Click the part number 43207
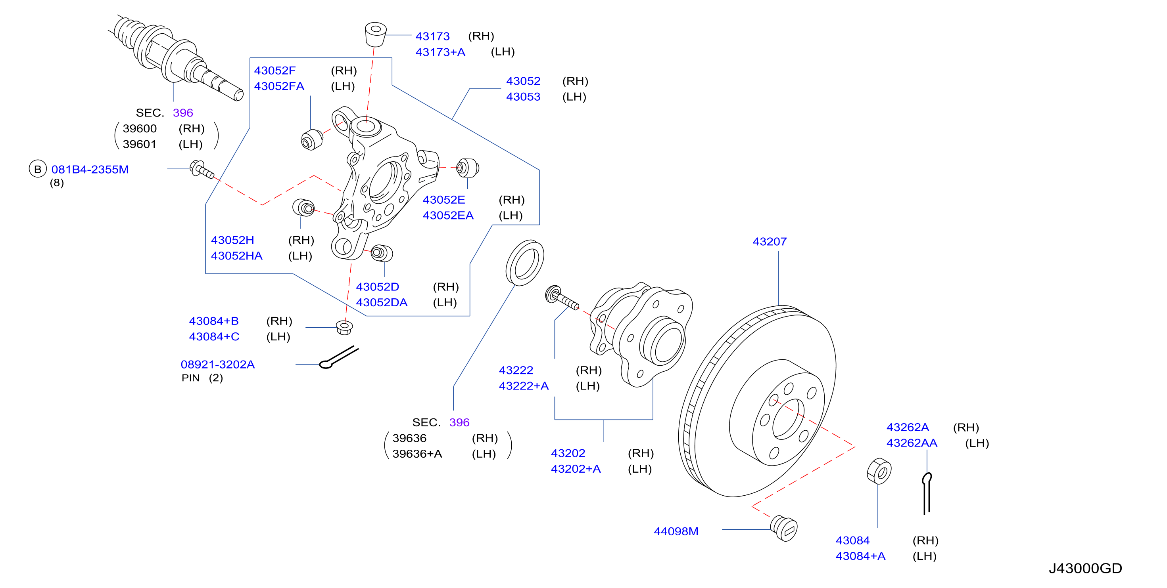tap(769, 242)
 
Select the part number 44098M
tap(676, 531)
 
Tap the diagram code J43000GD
tap(1085, 569)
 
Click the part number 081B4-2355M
tap(90, 170)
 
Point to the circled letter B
tap(38, 169)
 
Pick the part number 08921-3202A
tap(218, 365)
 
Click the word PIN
tap(191, 378)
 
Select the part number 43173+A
tap(440, 52)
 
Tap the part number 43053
tap(523, 97)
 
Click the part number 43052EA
tap(448, 216)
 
